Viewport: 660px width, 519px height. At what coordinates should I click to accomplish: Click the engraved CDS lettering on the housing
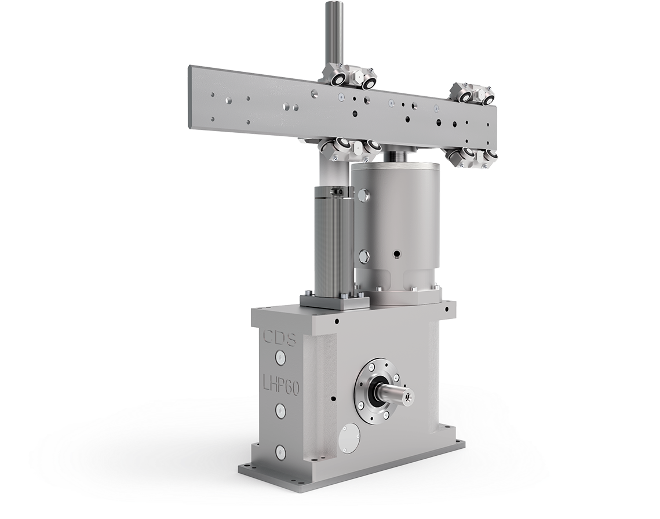[x=279, y=337]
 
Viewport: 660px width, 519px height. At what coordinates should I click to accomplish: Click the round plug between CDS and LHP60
[x=280, y=358]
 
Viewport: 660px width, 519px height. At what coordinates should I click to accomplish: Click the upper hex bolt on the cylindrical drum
[x=364, y=193]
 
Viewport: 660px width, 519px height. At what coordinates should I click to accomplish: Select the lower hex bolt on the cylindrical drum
[x=363, y=255]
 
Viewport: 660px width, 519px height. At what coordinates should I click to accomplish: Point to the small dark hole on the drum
[x=395, y=253]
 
